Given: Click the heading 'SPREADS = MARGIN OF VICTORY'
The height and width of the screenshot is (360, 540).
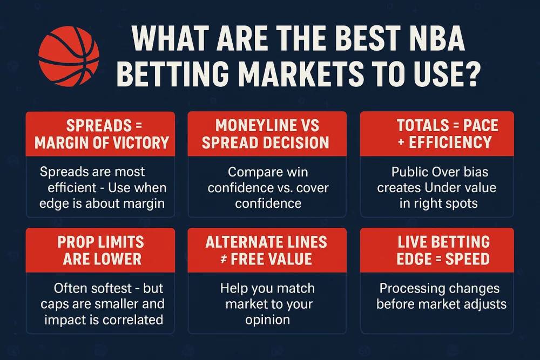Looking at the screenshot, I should pos(102,134).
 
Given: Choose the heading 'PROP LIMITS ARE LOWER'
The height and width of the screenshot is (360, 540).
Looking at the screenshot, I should pos(102,250).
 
